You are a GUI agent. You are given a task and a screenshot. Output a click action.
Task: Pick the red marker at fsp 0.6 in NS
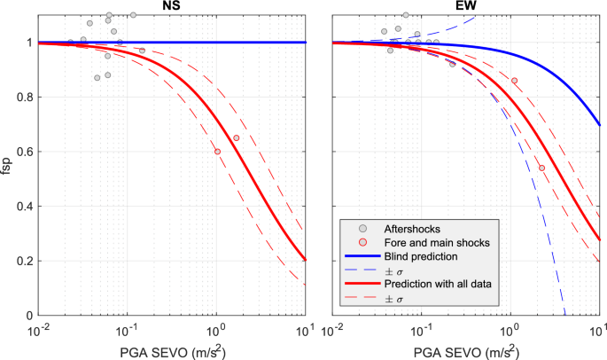(x=217, y=152)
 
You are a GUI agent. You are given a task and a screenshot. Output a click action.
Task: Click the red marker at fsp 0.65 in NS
(x=236, y=138)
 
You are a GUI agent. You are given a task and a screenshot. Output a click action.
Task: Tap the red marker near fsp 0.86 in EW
(x=514, y=81)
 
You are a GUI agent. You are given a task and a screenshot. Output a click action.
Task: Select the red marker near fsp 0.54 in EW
(x=542, y=168)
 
